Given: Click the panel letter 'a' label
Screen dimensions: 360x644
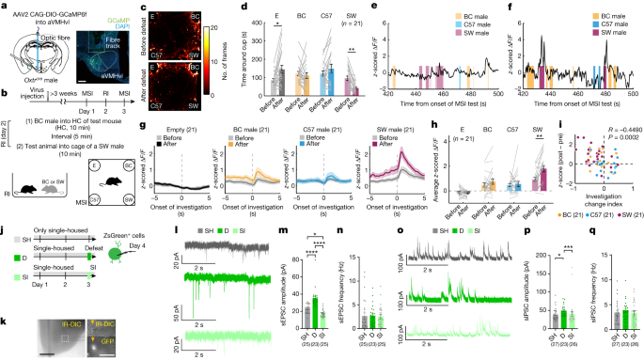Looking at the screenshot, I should point(5,6).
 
